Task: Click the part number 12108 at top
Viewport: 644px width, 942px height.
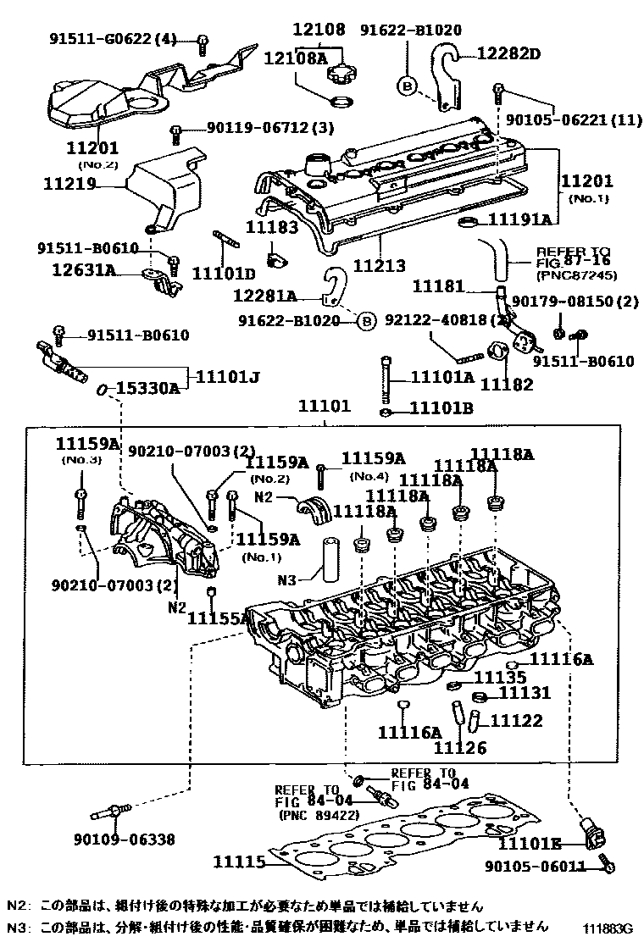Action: click(x=319, y=30)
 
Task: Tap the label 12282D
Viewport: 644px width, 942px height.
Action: click(x=506, y=54)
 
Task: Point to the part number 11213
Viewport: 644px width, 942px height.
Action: click(x=380, y=266)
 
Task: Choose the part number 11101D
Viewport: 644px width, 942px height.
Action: click(x=223, y=273)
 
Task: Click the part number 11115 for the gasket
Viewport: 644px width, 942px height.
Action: click(x=240, y=862)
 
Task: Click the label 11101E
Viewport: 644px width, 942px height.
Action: click(x=529, y=843)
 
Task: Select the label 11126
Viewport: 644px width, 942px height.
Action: click(x=460, y=748)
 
